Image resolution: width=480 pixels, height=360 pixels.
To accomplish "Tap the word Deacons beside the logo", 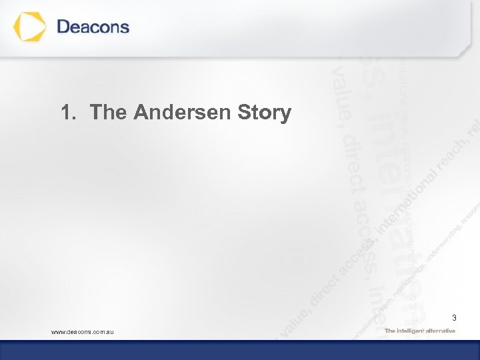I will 93,27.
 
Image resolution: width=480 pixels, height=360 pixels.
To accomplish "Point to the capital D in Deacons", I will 65,27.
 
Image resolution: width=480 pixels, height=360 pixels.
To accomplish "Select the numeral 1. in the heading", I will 69,112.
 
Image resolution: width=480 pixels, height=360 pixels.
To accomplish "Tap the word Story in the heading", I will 265,113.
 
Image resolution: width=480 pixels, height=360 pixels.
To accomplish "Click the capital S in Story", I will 244,112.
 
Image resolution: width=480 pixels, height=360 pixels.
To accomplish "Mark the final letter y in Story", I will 285,115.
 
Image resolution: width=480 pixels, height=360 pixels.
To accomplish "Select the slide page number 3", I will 454,317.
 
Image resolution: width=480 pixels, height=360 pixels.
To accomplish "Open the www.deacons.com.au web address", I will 83,331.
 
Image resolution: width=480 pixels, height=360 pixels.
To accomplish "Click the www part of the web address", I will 59,331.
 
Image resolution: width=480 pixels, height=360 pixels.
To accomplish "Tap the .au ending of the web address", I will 109,331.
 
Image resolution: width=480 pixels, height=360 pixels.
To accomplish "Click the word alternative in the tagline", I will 441,331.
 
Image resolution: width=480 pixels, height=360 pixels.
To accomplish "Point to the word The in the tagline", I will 390,331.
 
